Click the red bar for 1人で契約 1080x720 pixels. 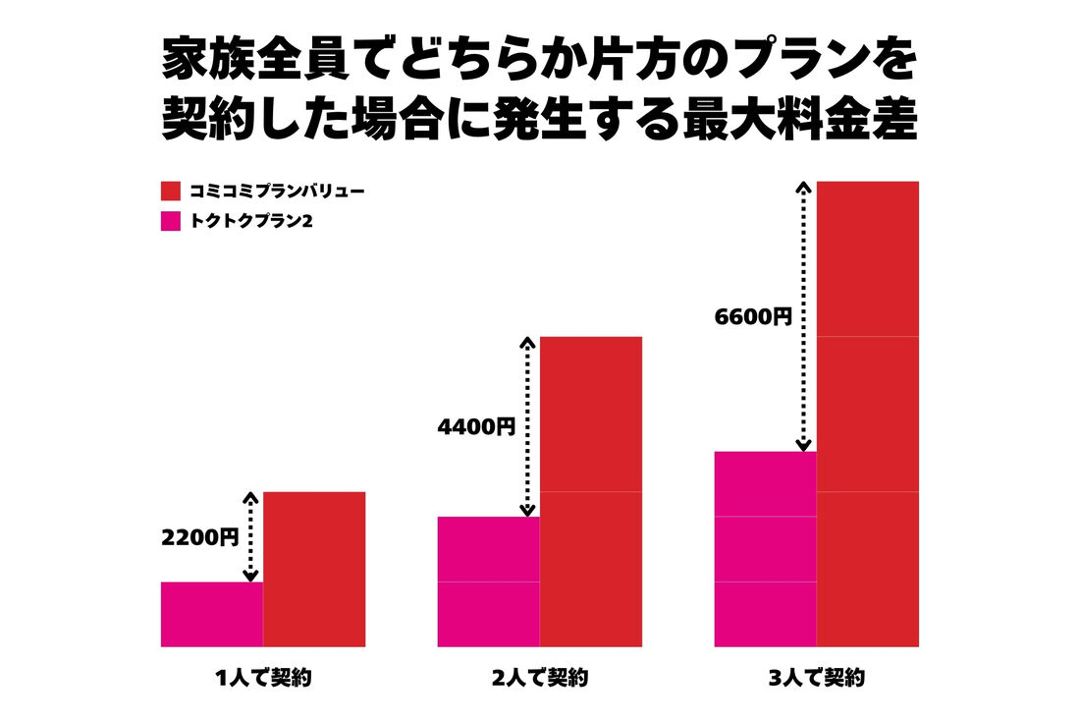314,569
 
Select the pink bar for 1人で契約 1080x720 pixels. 212,614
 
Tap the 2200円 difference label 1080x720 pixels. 200,537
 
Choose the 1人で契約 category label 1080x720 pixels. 263,678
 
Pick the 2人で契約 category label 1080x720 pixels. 539,678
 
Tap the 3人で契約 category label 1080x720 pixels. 816,678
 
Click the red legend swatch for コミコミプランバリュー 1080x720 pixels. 170,191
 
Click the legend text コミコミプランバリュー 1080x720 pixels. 277,191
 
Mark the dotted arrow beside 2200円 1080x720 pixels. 250,536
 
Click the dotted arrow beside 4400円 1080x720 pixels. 527,426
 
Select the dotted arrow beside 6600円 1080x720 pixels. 804,316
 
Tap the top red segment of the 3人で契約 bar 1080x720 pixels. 867,258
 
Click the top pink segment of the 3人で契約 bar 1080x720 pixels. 765,483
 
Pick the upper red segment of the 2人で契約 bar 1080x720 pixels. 590,414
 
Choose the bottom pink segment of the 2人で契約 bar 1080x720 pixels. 488,614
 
